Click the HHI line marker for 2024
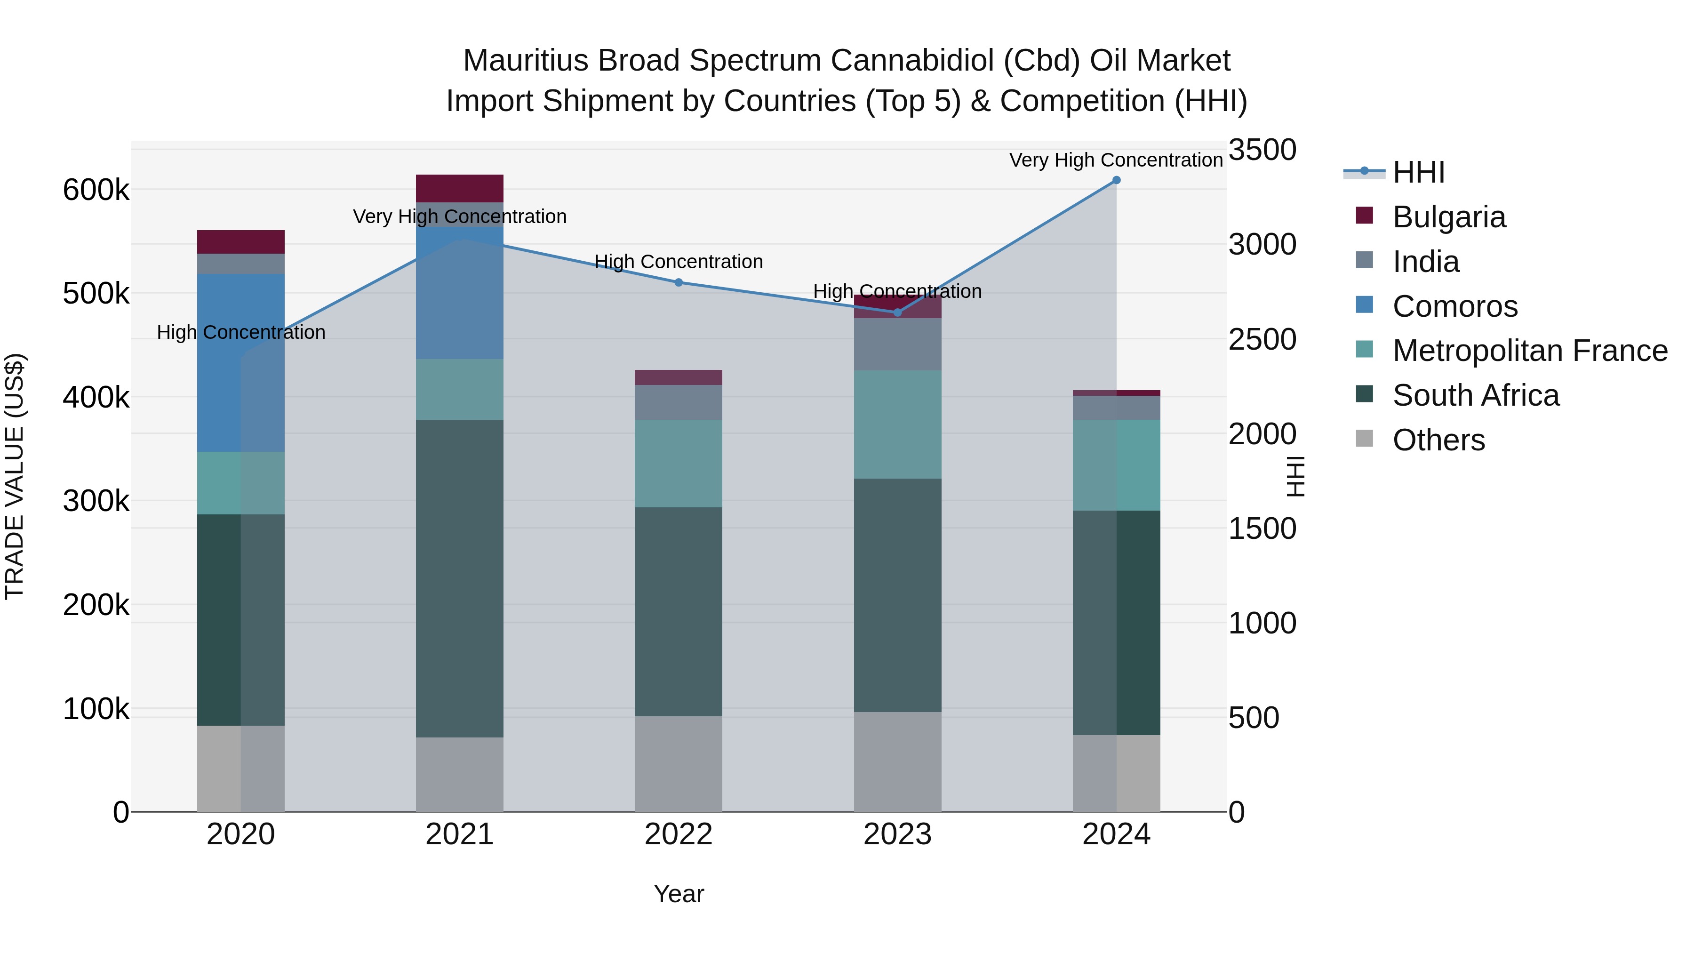pos(1116,180)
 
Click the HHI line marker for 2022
pos(679,283)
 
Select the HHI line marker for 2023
pos(898,312)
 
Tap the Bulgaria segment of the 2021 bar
pos(460,188)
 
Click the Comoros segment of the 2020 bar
pos(240,362)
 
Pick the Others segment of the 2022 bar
pos(679,764)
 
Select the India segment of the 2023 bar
pos(898,344)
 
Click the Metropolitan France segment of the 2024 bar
pos(1116,465)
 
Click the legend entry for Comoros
pos(1454,306)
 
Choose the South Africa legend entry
pos(1475,395)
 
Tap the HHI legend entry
pos(1418,172)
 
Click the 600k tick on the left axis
pos(96,191)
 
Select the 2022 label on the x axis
pos(679,834)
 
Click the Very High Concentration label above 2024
pos(1116,160)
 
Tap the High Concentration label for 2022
pos(679,262)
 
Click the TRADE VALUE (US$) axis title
pos(15,476)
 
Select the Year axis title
pos(679,894)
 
